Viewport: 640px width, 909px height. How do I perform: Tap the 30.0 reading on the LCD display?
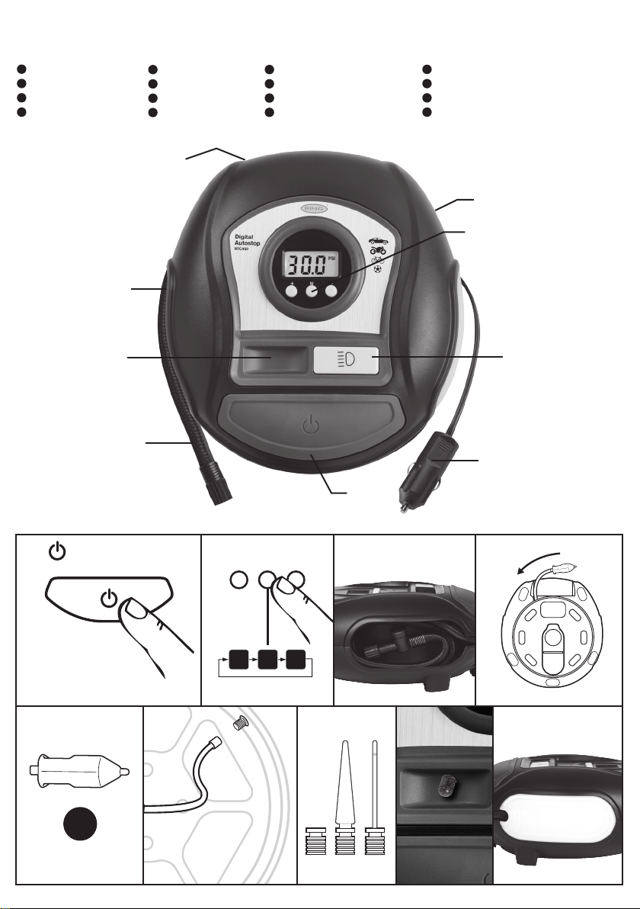click(302, 265)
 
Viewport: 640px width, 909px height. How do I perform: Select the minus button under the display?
click(331, 291)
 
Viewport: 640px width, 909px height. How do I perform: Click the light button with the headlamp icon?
click(346, 361)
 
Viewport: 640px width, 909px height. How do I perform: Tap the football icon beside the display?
click(379, 270)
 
